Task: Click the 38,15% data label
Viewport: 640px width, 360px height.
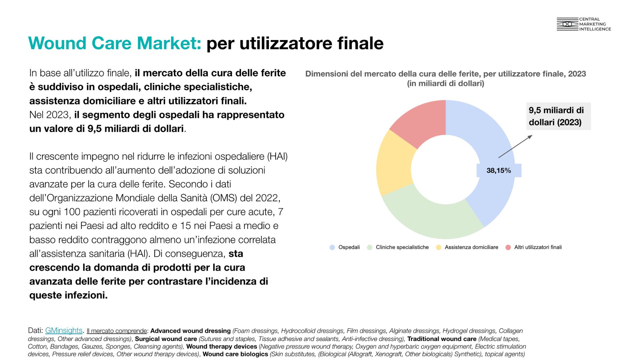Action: pyautogui.click(x=499, y=171)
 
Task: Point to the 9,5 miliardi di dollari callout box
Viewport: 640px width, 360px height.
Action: pyautogui.click(x=558, y=116)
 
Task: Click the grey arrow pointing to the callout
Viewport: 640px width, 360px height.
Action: pyautogui.click(x=515, y=146)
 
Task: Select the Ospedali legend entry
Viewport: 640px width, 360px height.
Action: pyautogui.click(x=345, y=247)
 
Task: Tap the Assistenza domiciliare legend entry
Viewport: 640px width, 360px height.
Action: pyautogui.click(x=467, y=247)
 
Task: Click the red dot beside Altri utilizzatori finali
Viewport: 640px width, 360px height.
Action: pyautogui.click(x=508, y=247)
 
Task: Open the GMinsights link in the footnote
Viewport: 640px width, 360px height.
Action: pyautogui.click(x=64, y=330)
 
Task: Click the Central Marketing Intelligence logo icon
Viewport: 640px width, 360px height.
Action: pyautogui.click(x=567, y=24)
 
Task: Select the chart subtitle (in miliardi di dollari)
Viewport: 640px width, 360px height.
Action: pyautogui.click(x=446, y=83)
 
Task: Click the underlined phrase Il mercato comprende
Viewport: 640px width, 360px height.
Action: pyautogui.click(x=117, y=331)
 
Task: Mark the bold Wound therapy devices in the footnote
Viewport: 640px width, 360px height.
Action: pyautogui.click(x=222, y=346)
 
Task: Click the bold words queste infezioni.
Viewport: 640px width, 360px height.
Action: pyautogui.click(x=68, y=295)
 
